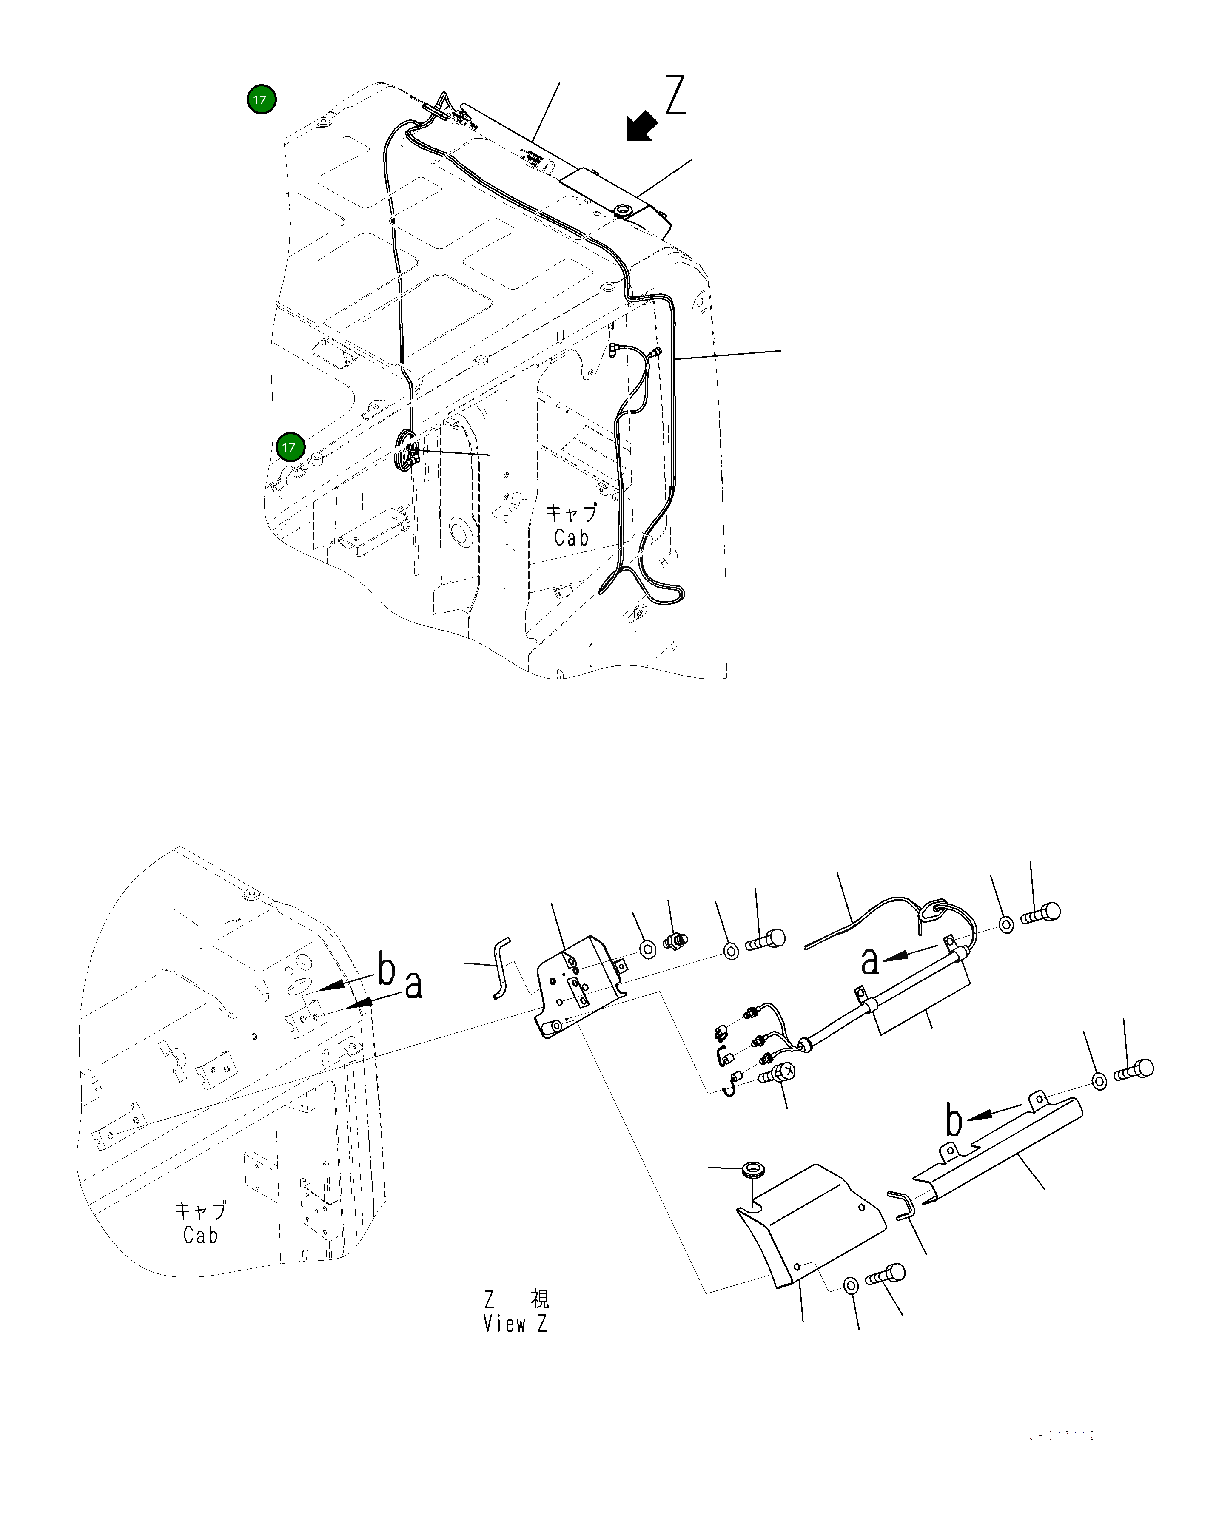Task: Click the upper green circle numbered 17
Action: pyautogui.click(x=261, y=100)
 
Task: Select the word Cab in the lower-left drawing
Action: pyautogui.click(x=200, y=1236)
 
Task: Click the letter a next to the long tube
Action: pyautogui.click(x=870, y=960)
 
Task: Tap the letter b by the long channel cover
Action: pyautogui.click(x=954, y=1121)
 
